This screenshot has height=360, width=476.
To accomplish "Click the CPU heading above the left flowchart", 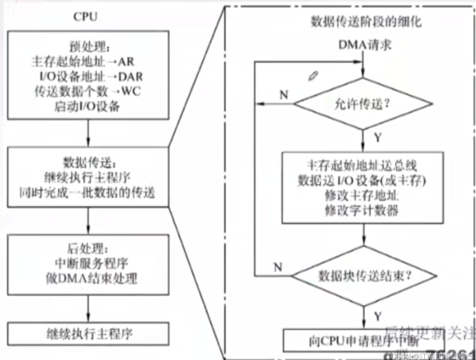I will [x=85, y=17].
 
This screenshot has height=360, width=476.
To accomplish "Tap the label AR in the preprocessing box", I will [x=126, y=62].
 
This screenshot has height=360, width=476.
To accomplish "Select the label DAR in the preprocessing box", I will [x=131, y=77].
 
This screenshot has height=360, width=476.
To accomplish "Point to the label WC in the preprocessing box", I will [x=131, y=91].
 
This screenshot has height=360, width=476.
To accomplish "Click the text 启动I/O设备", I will [x=87, y=107].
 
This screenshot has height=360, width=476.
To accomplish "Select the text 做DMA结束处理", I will [x=91, y=278].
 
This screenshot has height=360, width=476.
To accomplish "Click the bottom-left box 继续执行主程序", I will [x=88, y=334].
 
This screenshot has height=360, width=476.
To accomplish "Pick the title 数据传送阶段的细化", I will [x=366, y=22].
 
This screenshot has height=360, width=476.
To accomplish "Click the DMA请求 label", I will [x=365, y=45].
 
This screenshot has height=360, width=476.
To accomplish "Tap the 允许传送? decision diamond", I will [x=362, y=104].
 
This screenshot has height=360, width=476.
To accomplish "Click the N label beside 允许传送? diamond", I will [x=284, y=94].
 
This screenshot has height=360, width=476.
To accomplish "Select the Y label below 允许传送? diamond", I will [x=377, y=138].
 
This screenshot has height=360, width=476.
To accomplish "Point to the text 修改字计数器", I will [x=362, y=211].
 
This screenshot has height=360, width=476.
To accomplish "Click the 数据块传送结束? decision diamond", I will [x=364, y=276].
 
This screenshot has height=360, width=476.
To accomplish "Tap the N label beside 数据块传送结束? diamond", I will [x=278, y=267].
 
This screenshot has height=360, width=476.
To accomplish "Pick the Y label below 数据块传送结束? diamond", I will [x=378, y=316].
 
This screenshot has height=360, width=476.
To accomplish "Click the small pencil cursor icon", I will [x=313, y=76].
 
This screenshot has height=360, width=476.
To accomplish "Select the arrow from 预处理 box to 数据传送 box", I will [x=88, y=133].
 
